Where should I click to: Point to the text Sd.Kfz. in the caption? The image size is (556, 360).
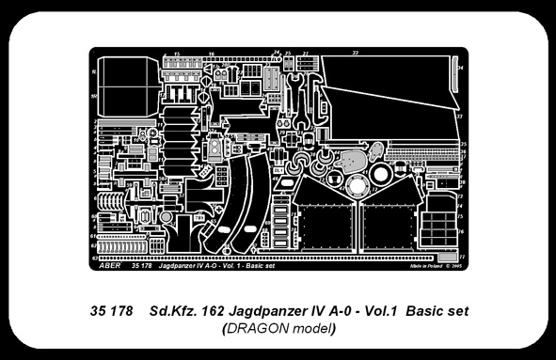pos(174,310)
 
